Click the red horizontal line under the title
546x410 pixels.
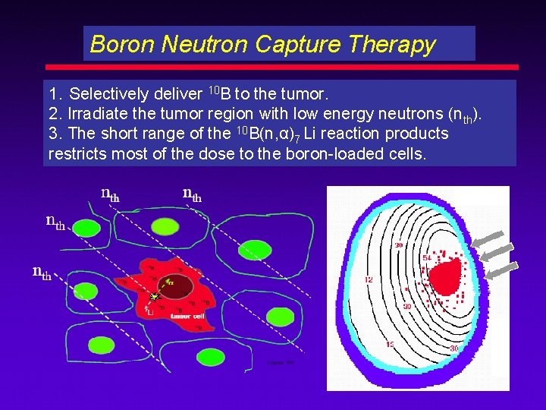(x=281, y=67)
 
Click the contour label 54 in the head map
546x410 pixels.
(x=426, y=259)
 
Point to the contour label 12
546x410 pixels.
(x=369, y=279)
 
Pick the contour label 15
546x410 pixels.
(x=391, y=345)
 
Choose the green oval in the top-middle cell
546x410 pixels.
(x=164, y=225)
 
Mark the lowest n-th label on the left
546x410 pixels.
(x=42, y=272)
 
